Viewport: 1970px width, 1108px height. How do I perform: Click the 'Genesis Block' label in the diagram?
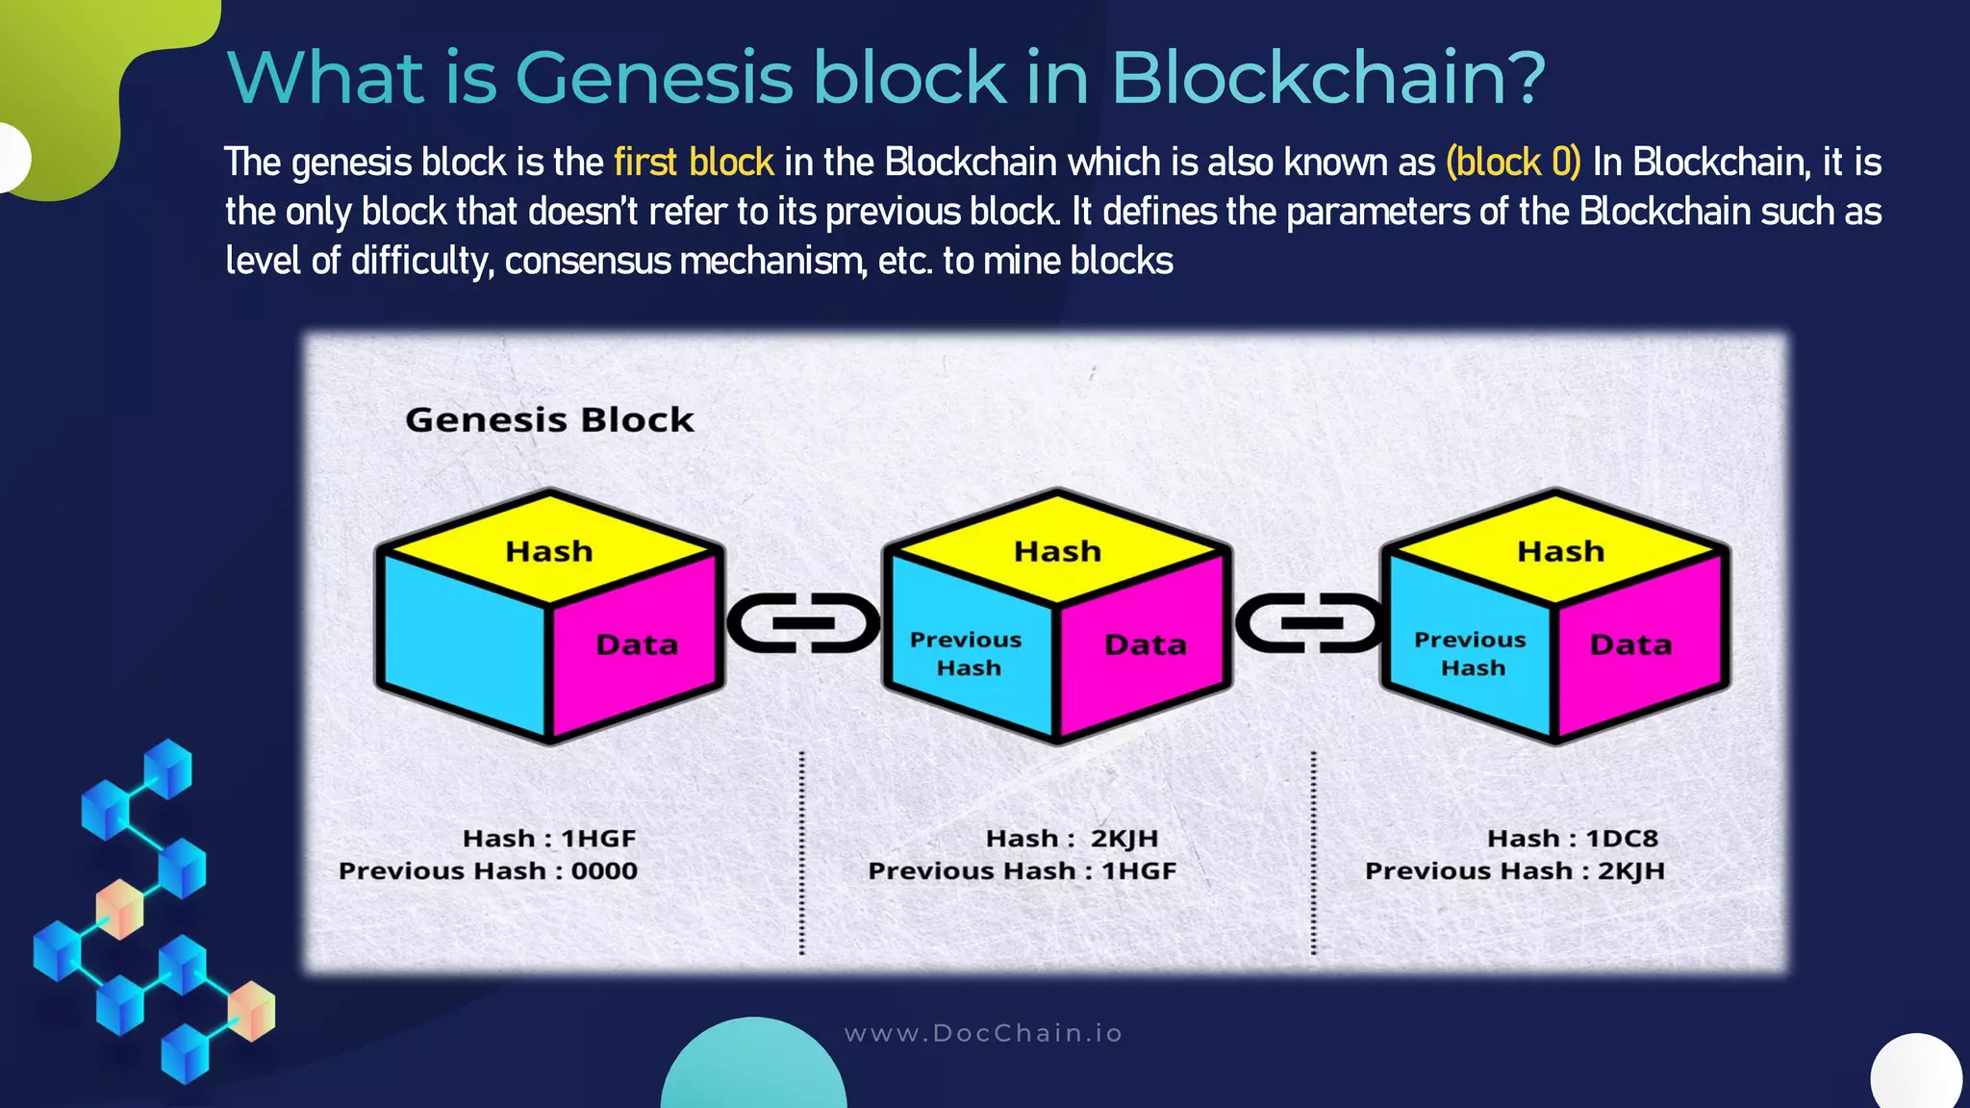[x=549, y=420]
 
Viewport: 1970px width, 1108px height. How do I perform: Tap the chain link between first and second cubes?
[x=803, y=623]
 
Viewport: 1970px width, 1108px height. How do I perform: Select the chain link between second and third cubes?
[x=1310, y=623]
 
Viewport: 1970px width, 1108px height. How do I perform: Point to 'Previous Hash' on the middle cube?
[x=967, y=654]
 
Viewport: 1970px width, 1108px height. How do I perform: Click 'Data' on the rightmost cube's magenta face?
[x=1630, y=644]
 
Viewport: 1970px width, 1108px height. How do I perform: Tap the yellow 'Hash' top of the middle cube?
[x=1057, y=551]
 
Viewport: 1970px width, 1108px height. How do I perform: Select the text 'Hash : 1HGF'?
[x=549, y=839]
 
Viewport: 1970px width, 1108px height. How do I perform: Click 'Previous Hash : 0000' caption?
[x=488, y=871]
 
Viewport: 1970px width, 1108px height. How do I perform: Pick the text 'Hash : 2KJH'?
[x=1072, y=839]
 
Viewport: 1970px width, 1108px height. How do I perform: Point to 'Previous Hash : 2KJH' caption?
[x=1514, y=871]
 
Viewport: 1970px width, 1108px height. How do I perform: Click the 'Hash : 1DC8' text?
[x=1572, y=839]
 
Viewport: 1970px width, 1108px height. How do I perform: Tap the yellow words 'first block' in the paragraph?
[x=694, y=163]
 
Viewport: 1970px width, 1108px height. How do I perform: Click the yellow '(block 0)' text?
[x=1513, y=163]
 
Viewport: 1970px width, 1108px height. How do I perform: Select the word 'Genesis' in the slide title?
[x=654, y=77]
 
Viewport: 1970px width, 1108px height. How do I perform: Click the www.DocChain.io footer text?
[x=983, y=1034]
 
